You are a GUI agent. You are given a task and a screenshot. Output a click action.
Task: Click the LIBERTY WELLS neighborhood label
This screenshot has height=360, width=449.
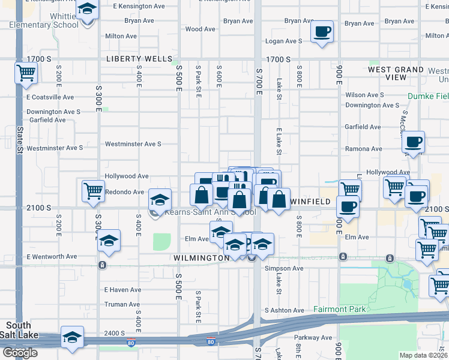point(139,60)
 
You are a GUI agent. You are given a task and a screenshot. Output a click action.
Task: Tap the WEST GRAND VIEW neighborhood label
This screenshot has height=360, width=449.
point(396,74)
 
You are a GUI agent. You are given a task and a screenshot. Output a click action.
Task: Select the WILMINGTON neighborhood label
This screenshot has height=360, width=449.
point(201,258)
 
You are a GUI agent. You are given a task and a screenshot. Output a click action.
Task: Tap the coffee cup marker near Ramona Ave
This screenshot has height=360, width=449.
point(413,142)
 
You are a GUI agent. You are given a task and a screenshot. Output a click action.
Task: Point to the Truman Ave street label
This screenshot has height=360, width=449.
point(122,304)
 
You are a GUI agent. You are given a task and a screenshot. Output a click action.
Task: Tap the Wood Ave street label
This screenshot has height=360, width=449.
point(200,29)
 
